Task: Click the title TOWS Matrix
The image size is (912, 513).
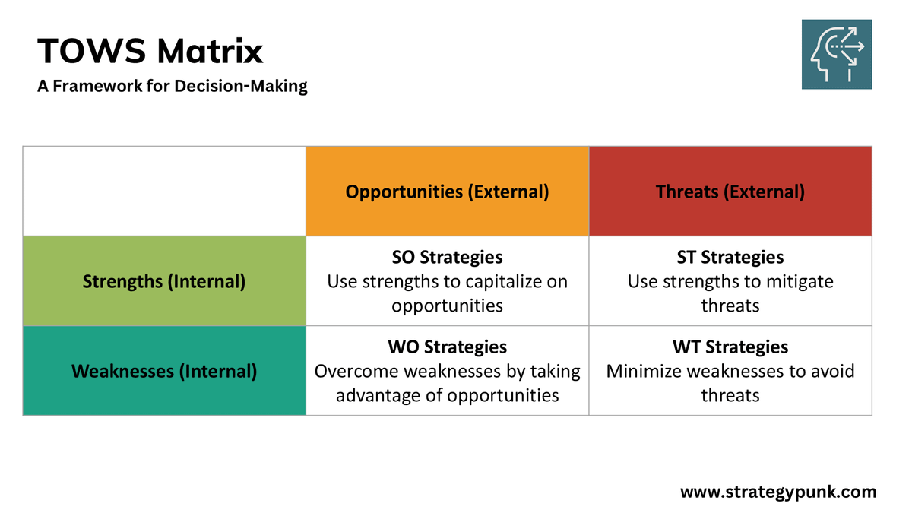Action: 150,52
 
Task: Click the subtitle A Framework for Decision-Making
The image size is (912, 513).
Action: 173,86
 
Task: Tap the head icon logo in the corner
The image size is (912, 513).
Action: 837,55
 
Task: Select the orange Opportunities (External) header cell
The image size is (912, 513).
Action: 447,192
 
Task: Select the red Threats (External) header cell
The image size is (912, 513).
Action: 730,192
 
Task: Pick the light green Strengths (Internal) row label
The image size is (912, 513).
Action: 164,281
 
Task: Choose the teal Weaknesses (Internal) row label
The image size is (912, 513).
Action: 164,371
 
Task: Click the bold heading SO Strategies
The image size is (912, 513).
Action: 447,258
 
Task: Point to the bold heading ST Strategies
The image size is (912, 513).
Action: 730,258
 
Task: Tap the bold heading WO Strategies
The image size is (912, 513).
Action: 447,347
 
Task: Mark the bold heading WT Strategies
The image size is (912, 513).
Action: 730,347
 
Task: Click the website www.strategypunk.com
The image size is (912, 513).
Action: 777,492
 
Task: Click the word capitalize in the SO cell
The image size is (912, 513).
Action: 499,282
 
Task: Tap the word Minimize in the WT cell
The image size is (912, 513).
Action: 642,372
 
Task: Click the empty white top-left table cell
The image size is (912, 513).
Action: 164,192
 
